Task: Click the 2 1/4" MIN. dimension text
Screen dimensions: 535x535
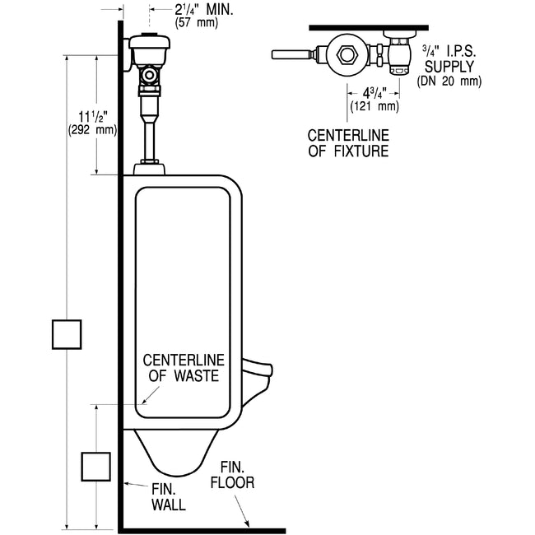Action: pos(204,10)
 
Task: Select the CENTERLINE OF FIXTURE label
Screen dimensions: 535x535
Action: pos(348,143)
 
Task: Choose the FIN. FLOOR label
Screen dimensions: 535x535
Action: pos(232,476)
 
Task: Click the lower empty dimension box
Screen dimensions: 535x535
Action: pos(95,466)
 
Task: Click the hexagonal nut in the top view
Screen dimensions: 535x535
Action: pos(347,56)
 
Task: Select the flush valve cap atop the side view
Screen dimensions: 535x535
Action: pos(148,41)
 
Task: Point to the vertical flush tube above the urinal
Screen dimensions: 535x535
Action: pos(149,138)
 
